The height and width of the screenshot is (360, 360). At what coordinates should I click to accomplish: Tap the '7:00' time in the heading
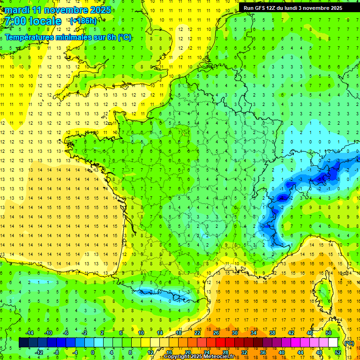point(17,21)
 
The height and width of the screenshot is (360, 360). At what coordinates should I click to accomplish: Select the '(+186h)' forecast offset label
point(83,21)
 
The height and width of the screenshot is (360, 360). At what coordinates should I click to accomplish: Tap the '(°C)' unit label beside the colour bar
point(349,343)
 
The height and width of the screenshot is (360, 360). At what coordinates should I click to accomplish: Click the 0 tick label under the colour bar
point(93,352)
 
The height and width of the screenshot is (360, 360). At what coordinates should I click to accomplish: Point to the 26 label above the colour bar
point(216,333)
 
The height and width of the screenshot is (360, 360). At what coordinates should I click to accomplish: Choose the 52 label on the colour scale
point(338,352)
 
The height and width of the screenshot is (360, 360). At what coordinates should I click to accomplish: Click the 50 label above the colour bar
point(329,333)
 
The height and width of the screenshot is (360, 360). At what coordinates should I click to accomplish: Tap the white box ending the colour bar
point(333,343)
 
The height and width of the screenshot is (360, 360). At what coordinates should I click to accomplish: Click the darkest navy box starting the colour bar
point(24,343)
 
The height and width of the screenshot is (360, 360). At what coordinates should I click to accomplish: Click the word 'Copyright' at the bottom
point(178,357)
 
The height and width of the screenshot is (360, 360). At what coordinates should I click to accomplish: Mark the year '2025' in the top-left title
point(100,10)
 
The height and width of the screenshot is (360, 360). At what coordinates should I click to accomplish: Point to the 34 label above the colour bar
point(254,333)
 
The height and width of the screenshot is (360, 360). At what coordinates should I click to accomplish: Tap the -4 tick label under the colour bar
point(74,352)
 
